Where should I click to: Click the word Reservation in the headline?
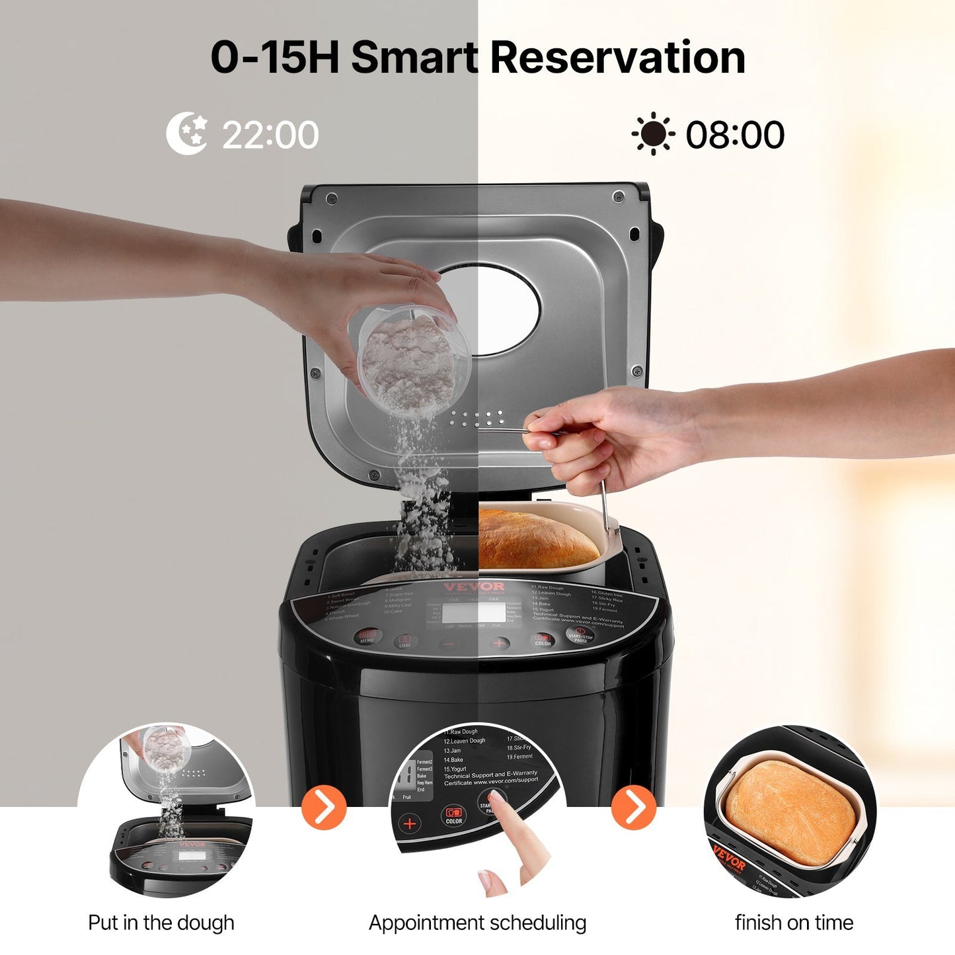pos(617,57)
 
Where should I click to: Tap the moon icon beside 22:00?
pos(186,134)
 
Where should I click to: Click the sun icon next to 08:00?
pos(653,134)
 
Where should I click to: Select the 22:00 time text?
pos(270,135)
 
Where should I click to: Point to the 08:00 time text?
pos(735,135)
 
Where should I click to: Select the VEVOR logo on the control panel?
pos(474,587)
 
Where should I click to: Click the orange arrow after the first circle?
pos(324,807)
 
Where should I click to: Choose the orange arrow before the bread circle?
pos(634,807)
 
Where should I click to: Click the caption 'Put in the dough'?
pos(161,923)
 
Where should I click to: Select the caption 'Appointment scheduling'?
pos(477,923)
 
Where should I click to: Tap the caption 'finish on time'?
pos(794,923)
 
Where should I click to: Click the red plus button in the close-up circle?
pos(410,823)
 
